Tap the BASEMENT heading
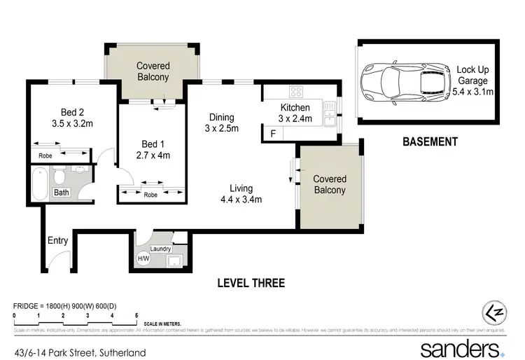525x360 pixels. [430, 141]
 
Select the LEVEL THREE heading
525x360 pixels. [251, 283]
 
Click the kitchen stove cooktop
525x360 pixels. [296, 92]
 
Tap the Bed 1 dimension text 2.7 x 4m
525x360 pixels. [152, 155]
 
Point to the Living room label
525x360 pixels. [241, 188]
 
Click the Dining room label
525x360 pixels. [221, 118]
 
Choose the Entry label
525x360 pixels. [57, 241]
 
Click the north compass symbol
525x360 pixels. [494, 312]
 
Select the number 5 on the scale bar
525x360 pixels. [136, 316]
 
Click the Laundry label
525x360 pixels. [161, 248]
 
